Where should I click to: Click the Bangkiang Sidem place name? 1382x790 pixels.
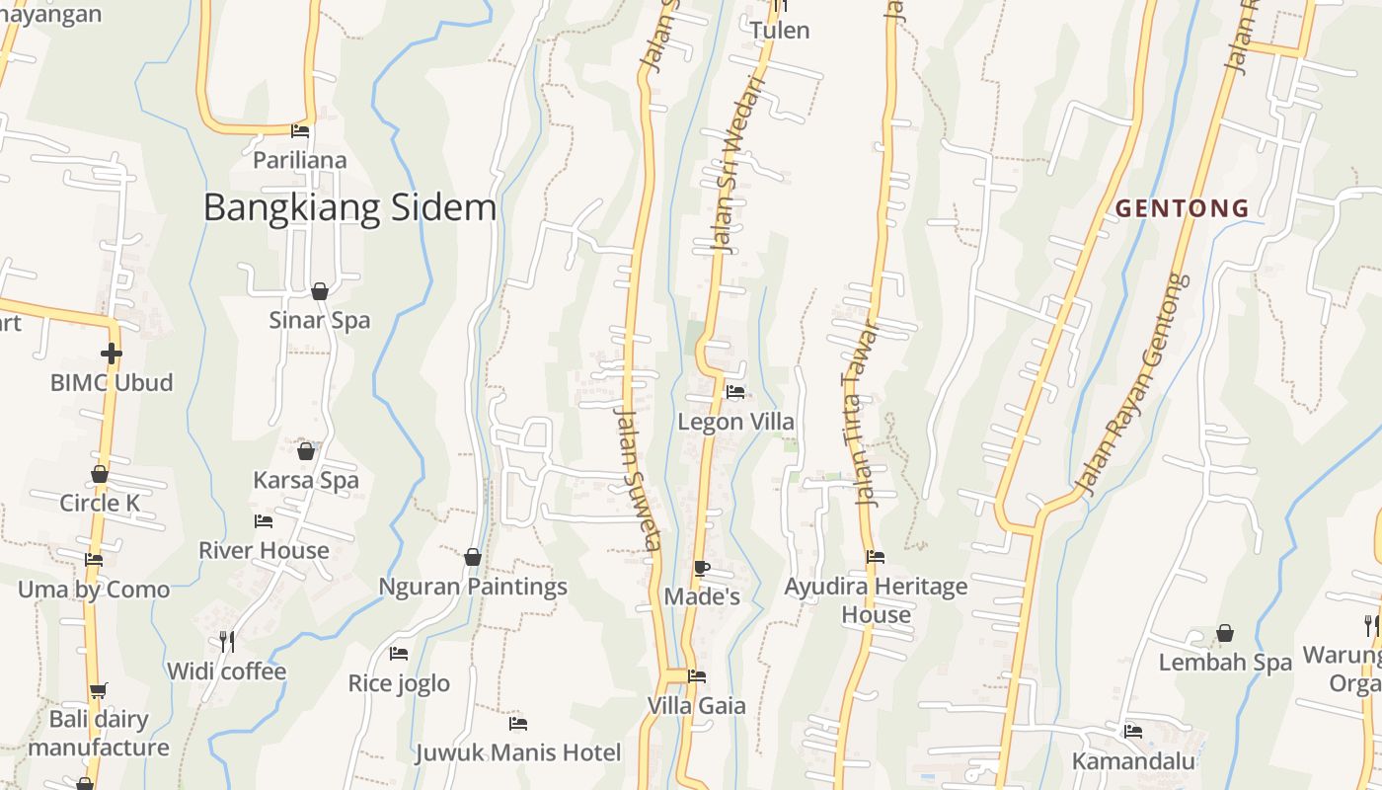(349, 208)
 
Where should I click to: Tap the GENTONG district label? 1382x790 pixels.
(1183, 208)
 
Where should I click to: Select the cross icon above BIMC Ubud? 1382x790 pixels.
(112, 353)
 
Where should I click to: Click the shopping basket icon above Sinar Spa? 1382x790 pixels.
(320, 291)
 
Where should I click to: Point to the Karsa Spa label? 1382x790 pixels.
(306, 481)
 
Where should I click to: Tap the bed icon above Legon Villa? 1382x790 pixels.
(735, 392)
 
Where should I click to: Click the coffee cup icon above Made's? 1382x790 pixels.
(701, 568)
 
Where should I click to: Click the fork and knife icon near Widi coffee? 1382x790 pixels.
(227, 642)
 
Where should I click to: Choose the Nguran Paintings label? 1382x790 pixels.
(473, 587)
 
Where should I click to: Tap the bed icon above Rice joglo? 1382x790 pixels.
(399, 654)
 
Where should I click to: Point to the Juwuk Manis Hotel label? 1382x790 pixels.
(518, 752)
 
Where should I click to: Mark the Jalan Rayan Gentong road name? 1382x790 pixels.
(1131, 385)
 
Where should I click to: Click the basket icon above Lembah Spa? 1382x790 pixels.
(1225, 633)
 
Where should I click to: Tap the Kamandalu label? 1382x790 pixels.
(1133, 761)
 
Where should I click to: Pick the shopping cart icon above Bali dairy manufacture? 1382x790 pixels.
(98, 691)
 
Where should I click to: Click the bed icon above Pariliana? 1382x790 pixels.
(300, 131)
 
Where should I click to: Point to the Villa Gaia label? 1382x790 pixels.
(697, 706)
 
